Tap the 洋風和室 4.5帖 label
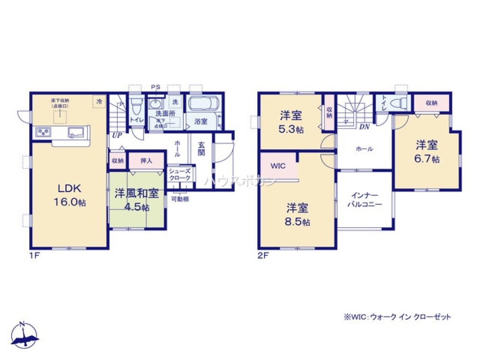point(137,200)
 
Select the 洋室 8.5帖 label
point(298,215)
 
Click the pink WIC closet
point(278,167)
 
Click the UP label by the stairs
point(116,136)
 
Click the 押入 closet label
point(146,161)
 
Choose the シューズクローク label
point(180,174)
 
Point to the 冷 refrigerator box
point(99,102)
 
